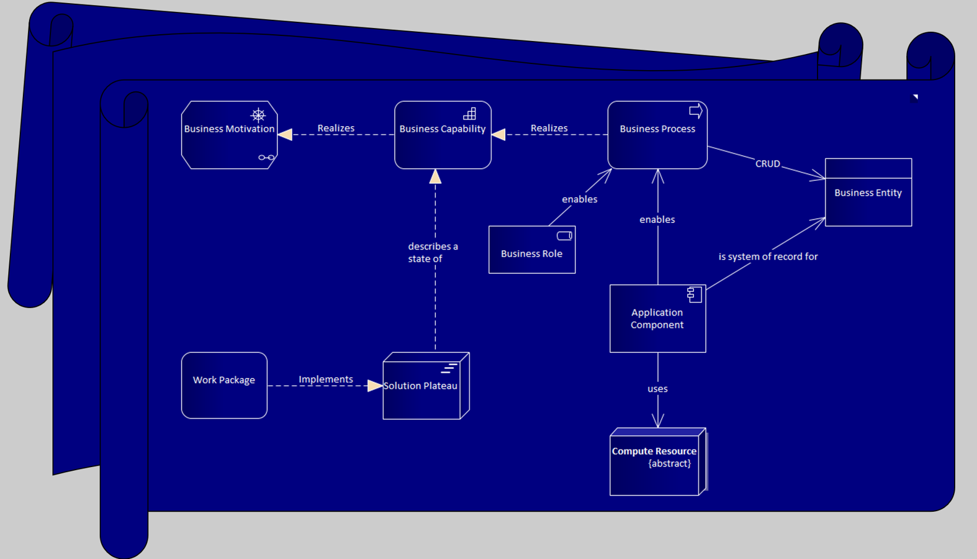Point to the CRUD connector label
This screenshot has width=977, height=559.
coord(767,164)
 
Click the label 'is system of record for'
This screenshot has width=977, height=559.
coord(768,257)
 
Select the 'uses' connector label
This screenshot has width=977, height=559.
coord(657,389)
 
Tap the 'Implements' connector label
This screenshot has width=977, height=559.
coord(325,379)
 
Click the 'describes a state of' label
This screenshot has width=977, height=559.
coord(433,253)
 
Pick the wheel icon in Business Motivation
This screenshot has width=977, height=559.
coord(258,115)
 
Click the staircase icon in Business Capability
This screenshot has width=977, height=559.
coord(470,114)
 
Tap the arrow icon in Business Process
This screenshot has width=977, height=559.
coord(696,111)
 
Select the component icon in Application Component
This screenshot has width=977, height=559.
coord(694,294)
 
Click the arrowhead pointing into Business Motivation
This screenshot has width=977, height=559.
coord(286,135)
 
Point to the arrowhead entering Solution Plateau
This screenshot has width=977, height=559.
coord(374,386)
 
